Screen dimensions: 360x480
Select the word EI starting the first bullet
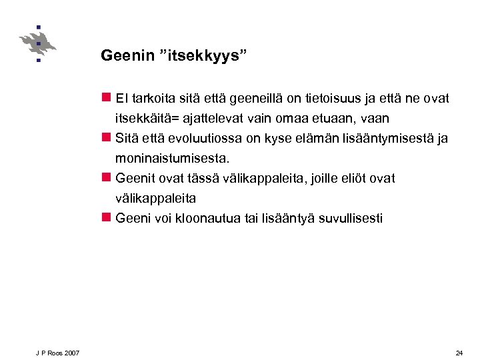click(121, 99)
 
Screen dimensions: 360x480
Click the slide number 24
click(459, 353)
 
